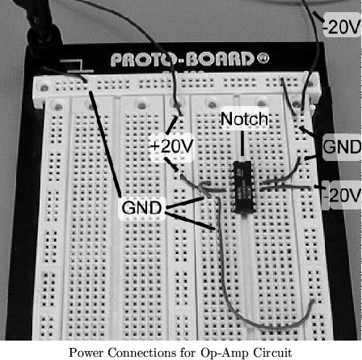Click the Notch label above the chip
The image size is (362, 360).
tap(244, 119)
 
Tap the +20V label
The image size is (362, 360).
tap(172, 146)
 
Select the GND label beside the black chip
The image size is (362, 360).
tap(141, 208)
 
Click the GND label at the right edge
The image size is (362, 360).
tap(342, 147)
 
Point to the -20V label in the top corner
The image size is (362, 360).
tap(342, 27)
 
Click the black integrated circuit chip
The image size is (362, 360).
tap(243, 187)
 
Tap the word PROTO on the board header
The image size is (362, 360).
tap(145, 60)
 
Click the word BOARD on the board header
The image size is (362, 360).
tap(219, 59)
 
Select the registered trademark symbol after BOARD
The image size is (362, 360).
tap(263, 57)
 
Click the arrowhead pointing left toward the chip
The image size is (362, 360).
tap(205, 188)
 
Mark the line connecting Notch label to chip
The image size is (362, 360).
tap(242, 143)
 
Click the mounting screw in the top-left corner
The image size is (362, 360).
tap(44, 88)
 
